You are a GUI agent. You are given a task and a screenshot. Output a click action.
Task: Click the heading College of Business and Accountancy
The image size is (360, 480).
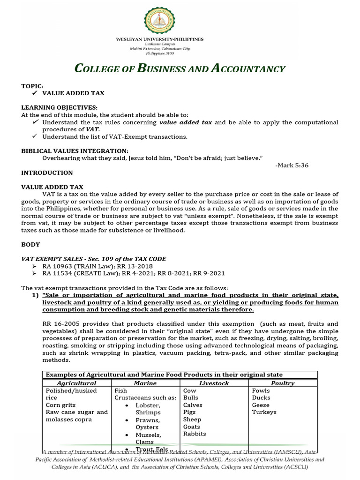pos(180,69)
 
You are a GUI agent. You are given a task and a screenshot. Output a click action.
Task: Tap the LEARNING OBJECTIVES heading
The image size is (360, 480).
pos(60,107)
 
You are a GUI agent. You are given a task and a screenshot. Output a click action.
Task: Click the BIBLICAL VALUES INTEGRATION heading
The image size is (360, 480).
pos(75,150)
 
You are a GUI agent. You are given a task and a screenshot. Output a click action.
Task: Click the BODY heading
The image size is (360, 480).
pos(30,244)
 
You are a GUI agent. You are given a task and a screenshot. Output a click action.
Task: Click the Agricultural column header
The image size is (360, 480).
pos(76,383)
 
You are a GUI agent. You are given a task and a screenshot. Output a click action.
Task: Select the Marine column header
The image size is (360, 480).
pos(145,383)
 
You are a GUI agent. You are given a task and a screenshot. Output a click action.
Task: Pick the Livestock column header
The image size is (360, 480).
pos(214,383)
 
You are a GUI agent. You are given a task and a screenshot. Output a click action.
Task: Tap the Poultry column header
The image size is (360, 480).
pos(283,383)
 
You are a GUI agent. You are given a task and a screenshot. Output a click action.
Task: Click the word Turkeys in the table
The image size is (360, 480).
pos(264,412)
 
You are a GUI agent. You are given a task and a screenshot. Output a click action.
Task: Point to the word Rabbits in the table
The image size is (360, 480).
pos(195,434)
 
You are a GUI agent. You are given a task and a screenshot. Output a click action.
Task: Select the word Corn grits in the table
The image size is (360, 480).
pos(60,405)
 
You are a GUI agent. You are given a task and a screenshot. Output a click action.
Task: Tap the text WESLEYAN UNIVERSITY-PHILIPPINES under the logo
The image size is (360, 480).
pos(160,39)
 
